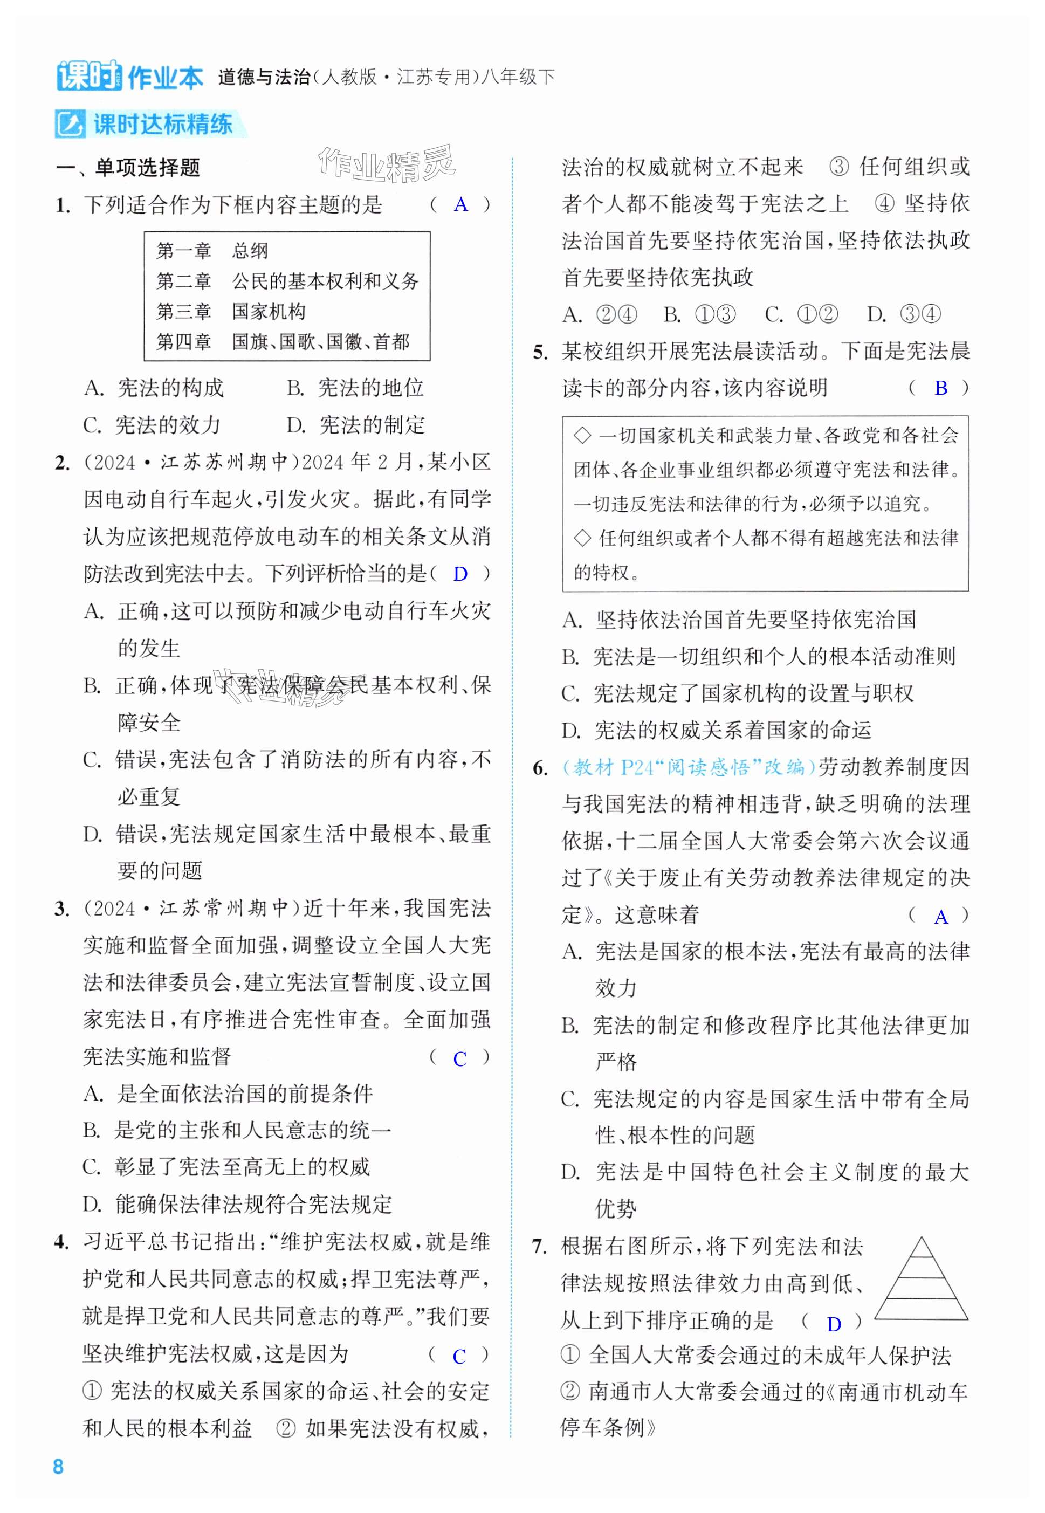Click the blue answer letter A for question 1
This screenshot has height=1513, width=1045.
pyautogui.click(x=460, y=205)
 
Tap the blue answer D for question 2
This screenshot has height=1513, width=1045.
pyautogui.click(x=460, y=574)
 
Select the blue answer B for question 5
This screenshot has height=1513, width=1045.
pyautogui.click(x=940, y=388)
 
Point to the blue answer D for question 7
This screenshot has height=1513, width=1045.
pyautogui.click(x=834, y=1324)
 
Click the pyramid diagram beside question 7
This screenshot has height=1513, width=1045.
pyautogui.click(x=920, y=1278)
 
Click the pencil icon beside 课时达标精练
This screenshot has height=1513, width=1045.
pyautogui.click(x=70, y=125)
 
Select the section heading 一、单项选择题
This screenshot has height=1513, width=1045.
pyautogui.click(x=128, y=168)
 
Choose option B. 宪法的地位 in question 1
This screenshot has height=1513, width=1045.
pyautogui.click(x=355, y=388)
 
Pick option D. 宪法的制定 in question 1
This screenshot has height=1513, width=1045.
pyautogui.click(x=355, y=425)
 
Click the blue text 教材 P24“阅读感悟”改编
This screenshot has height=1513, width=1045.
pyautogui.click(x=689, y=767)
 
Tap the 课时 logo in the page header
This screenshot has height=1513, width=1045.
pyautogui.click(x=88, y=76)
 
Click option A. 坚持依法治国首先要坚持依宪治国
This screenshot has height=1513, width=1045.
pyautogui.click(x=739, y=620)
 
